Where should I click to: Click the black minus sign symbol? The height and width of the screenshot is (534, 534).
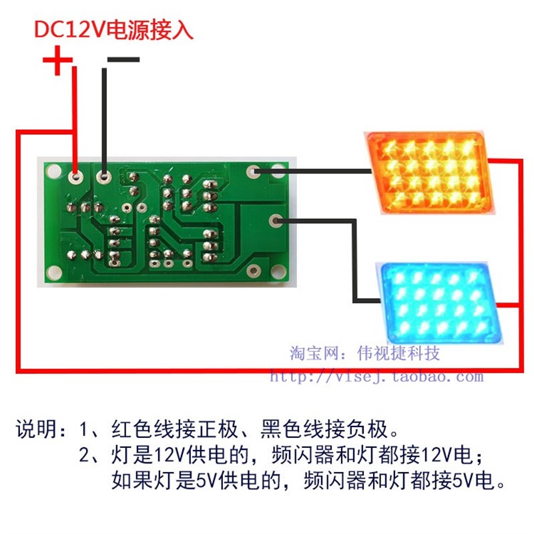click(123, 60)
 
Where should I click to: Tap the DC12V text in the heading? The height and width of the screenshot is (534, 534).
click(67, 29)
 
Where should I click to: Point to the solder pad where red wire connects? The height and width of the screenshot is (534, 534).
click(76, 178)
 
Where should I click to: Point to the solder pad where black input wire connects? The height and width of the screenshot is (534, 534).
click(104, 178)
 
